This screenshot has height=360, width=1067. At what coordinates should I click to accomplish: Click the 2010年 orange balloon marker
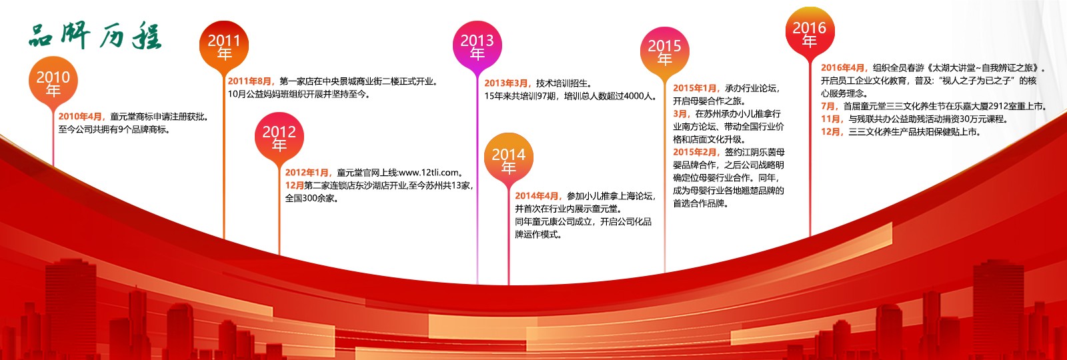(53, 83)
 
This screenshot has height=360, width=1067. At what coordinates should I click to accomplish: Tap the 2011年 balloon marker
(224, 46)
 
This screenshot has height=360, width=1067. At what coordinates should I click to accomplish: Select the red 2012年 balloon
(279, 137)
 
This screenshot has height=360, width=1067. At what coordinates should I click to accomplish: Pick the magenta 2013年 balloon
(477, 46)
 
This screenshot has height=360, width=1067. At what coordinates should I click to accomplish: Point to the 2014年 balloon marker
(508, 160)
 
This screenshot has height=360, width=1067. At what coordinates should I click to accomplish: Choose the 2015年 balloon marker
(664, 51)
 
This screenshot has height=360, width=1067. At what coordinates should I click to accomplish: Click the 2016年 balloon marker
(809, 33)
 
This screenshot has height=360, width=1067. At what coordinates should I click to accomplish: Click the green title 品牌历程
(95, 37)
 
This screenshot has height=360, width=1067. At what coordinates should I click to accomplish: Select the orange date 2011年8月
(251, 81)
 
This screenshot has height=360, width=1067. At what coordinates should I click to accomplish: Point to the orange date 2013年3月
(507, 83)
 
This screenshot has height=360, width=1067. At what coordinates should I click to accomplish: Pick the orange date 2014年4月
(538, 196)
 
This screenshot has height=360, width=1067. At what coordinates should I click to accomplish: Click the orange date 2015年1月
(696, 88)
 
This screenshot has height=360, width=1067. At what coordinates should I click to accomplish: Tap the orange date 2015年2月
(696, 152)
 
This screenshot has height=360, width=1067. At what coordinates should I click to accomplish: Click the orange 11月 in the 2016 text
(832, 119)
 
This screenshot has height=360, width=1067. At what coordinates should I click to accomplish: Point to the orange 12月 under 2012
(294, 185)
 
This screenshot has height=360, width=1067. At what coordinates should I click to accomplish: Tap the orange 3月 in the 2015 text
(681, 114)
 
